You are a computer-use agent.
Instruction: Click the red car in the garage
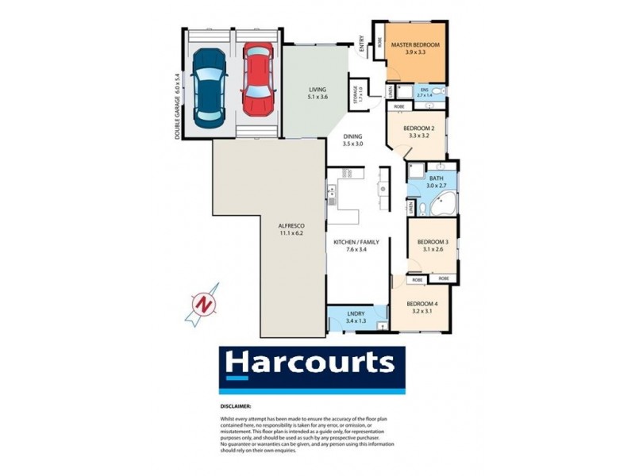256,79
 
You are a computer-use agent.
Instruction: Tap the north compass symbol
204,305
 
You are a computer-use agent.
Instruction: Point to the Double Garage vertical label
176,107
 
